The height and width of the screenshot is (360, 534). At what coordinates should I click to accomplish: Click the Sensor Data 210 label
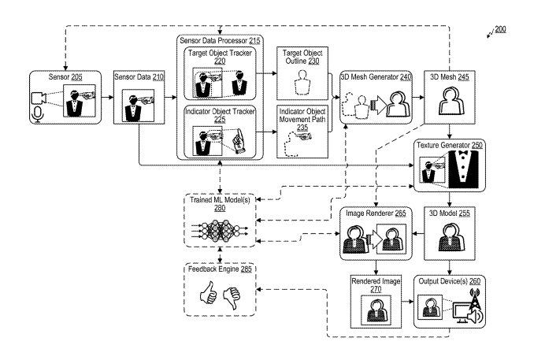point(139,79)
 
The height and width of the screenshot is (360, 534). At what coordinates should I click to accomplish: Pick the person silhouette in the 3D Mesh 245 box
point(449,100)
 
